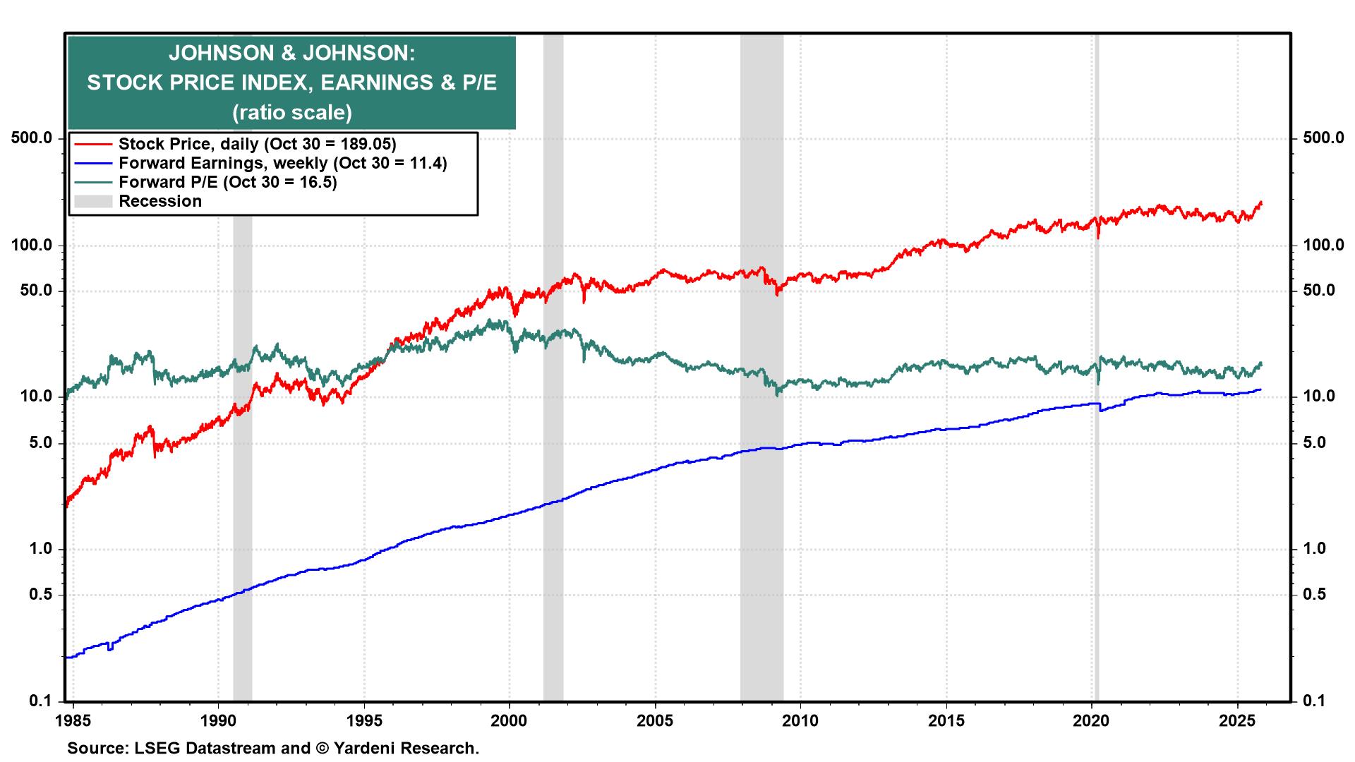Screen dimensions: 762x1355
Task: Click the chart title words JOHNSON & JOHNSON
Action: pos(291,54)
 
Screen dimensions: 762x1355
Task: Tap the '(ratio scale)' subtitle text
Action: pos(291,112)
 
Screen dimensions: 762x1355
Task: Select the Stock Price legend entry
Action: pos(257,144)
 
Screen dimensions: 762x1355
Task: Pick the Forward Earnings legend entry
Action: pos(282,163)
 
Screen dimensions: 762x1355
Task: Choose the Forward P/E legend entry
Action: pos(227,182)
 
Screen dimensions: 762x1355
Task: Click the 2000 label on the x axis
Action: pos(509,721)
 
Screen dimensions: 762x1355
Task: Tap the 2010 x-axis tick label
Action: pos(800,721)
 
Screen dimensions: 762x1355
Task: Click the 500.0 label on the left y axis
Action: pos(32,138)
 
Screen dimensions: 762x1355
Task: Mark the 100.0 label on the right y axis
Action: pos(1323,246)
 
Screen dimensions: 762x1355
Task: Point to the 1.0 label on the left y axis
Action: pos(42,549)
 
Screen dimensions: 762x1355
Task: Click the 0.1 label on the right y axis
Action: pos(1314,701)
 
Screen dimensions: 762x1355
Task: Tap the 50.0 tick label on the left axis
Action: pos(37,291)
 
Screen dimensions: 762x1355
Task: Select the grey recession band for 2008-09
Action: pos(761,564)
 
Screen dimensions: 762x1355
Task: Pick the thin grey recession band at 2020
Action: pos(1096,564)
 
